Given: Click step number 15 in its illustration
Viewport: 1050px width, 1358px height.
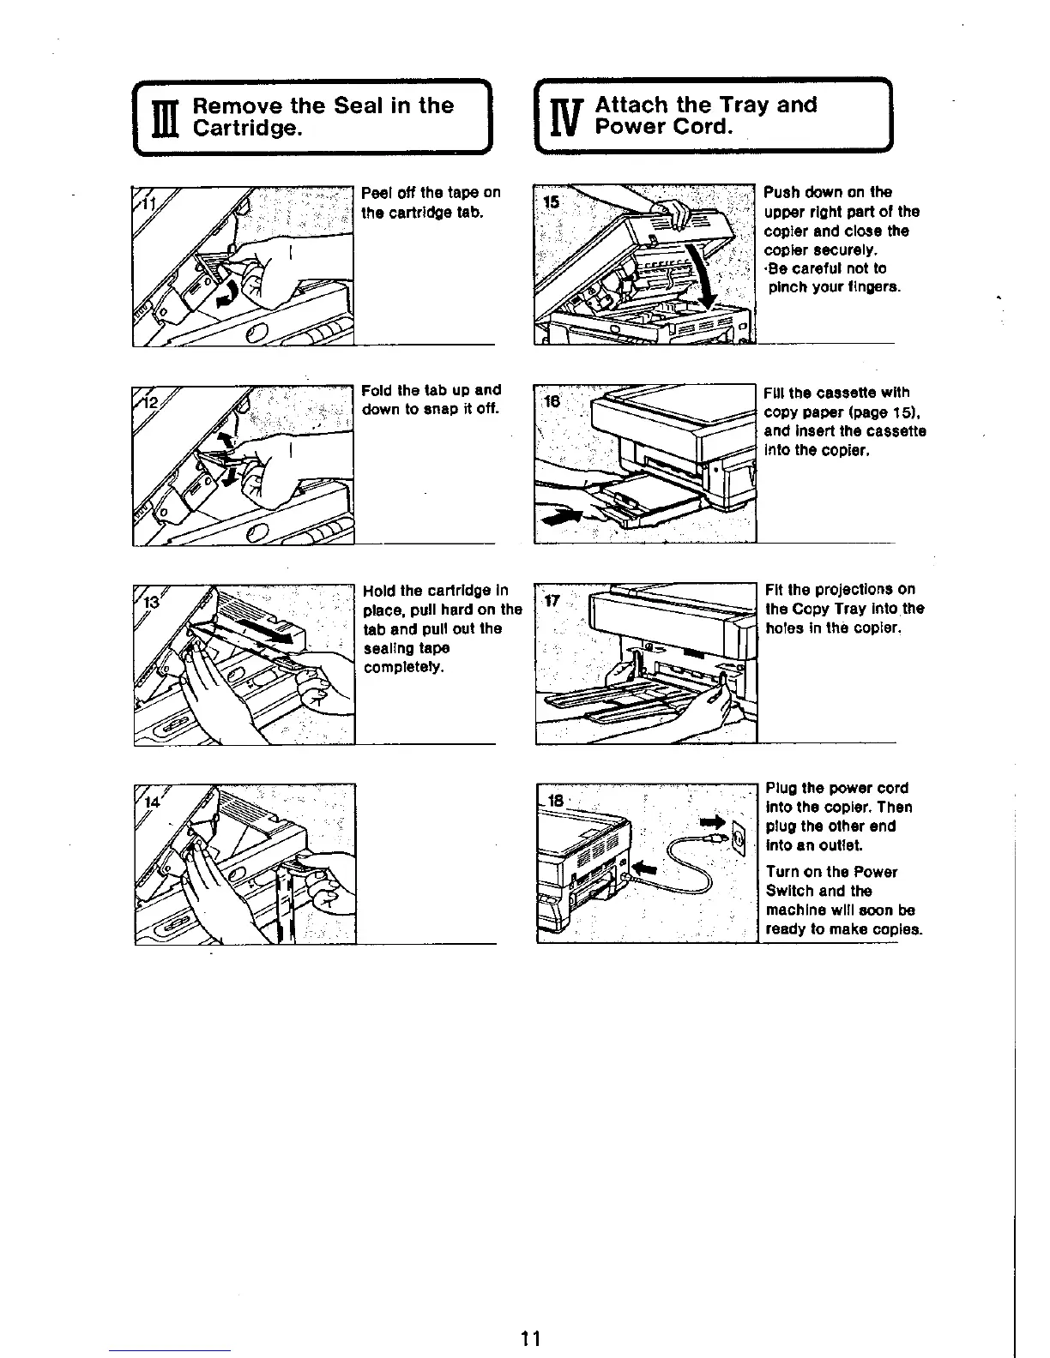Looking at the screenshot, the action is (x=552, y=202).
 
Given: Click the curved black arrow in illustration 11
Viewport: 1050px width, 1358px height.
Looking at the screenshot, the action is (x=227, y=294).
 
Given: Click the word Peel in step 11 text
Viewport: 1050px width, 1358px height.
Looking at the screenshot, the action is (x=377, y=192).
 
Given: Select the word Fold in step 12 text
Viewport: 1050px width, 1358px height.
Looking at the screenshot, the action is (x=377, y=390).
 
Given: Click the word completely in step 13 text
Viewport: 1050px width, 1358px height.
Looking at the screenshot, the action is (x=403, y=667).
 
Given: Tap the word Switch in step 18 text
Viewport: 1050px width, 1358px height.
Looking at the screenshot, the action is (x=789, y=891).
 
